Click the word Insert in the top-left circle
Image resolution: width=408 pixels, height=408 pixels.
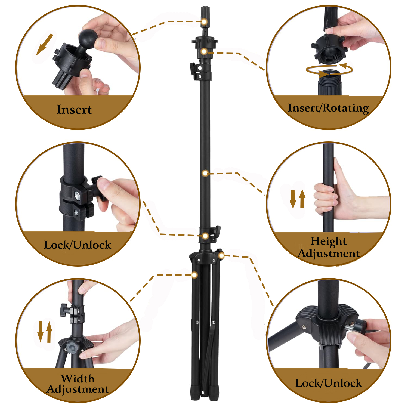[x=74, y=110]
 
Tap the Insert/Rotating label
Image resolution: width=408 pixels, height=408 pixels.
[x=328, y=108]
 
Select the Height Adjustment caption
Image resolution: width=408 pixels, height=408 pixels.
[x=329, y=247]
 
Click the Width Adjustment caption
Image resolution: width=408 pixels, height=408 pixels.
[x=78, y=384]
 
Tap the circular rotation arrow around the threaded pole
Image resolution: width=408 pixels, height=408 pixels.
[x=329, y=70]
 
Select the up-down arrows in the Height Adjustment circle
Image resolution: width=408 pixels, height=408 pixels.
[x=298, y=199]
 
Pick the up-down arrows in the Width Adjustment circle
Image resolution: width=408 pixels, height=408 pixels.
[x=45, y=332]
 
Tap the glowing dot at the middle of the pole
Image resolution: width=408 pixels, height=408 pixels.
[x=205, y=173]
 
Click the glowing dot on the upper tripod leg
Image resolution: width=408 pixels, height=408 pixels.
[x=194, y=275]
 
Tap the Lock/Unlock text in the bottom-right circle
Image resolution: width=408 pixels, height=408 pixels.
[x=329, y=383]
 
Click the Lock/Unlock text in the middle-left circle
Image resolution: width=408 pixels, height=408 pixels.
[x=78, y=245]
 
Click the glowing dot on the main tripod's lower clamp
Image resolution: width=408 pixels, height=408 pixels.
[x=205, y=236]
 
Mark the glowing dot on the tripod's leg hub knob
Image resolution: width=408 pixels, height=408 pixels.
[x=221, y=255]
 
